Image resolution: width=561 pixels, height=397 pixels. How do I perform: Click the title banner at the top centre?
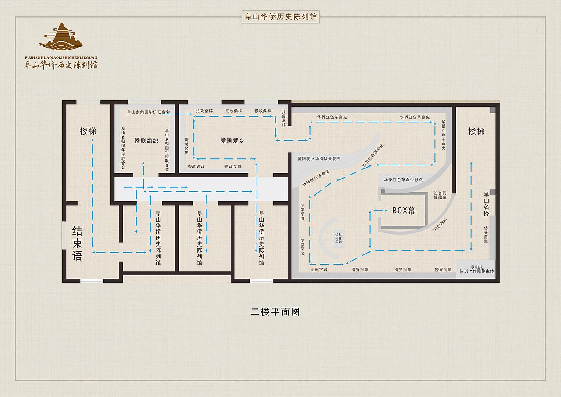pos(280,17)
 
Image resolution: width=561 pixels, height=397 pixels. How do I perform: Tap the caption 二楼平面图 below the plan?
pos(275,312)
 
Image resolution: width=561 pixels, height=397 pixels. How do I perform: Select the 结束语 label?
pos(77,243)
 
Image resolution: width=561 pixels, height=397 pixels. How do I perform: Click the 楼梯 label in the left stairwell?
pos(88,131)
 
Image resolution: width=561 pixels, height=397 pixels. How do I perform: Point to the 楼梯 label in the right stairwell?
pos(476,131)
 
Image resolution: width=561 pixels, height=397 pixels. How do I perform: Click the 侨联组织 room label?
pos(146,141)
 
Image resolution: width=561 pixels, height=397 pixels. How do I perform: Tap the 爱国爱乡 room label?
pos(232,141)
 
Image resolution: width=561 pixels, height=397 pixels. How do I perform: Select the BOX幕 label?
pos(404,211)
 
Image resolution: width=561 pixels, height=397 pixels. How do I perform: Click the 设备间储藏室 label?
pos(440,195)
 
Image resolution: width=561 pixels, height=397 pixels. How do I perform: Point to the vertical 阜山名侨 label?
pos(486,204)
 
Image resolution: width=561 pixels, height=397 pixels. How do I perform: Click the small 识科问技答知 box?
pos(338,238)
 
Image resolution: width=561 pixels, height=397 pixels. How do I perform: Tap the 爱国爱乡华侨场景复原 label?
pos(319,158)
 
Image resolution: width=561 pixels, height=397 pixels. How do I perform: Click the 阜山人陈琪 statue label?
pos(476,269)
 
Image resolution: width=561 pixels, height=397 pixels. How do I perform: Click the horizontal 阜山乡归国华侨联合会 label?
pos(148,112)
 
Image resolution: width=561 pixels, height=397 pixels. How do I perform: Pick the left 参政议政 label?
pos(196,167)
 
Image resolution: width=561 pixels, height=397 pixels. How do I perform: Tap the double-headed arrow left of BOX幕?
pos(380,211)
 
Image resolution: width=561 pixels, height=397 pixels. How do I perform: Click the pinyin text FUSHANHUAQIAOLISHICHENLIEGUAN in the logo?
pos(61,57)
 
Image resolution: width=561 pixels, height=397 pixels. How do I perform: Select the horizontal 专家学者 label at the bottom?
pos(319,269)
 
